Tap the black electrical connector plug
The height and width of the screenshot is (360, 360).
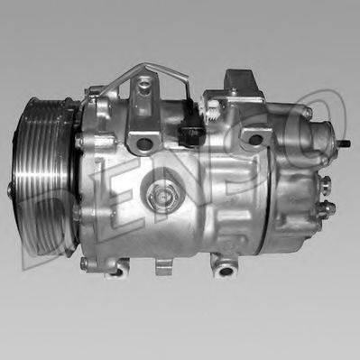point(189,135)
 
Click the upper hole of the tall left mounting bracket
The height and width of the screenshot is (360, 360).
point(143,87)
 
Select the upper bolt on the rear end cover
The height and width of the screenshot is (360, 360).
point(308,113)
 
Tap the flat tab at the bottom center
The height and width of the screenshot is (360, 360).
point(162,267)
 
